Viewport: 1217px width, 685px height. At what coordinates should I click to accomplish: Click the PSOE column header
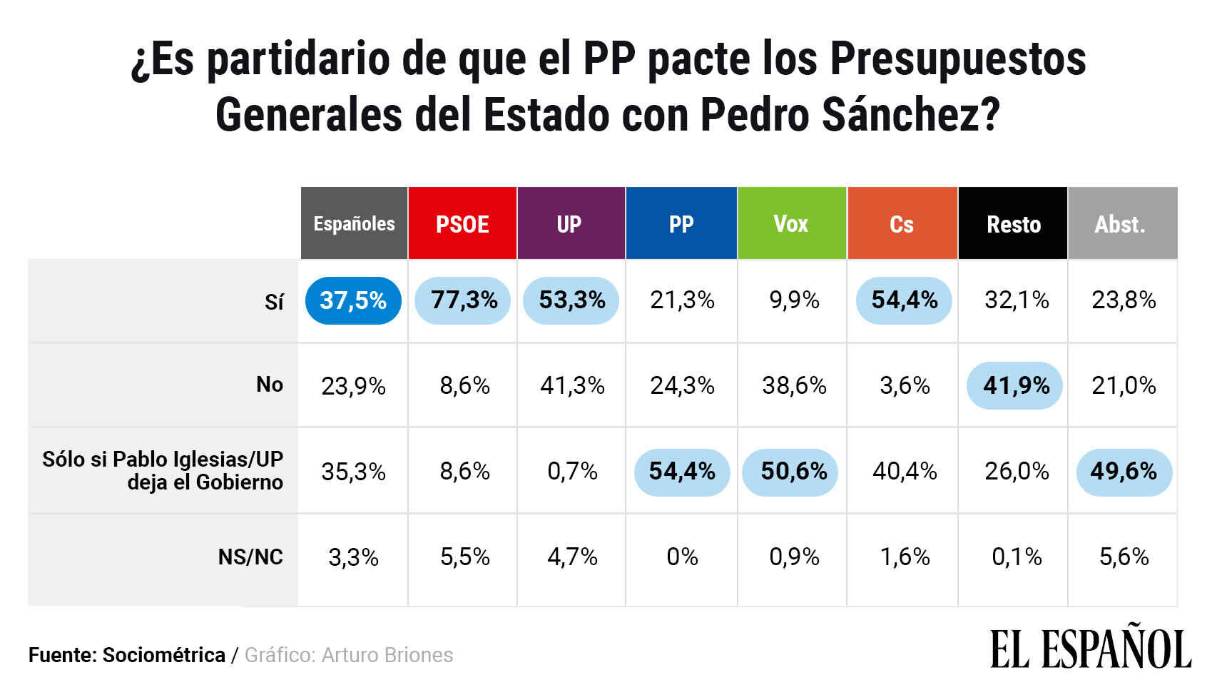[x=462, y=224]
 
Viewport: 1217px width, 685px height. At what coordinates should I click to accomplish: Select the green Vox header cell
[x=791, y=224]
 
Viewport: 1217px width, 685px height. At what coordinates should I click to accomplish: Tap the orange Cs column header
[x=902, y=224]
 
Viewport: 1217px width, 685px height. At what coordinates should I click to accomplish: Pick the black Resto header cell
[x=1013, y=224]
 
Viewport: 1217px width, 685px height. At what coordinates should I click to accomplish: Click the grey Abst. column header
[x=1121, y=224]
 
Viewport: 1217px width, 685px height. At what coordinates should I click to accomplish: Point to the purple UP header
[x=569, y=224]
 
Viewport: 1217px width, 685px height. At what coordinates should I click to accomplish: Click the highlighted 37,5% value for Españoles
[x=353, y=300]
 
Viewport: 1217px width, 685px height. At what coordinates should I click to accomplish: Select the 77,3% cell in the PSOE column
[x=464, y=300]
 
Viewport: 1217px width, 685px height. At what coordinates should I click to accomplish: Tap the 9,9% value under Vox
[x=794, y=300]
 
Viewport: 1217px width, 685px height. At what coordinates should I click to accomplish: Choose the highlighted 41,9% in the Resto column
[x=1016, y=386]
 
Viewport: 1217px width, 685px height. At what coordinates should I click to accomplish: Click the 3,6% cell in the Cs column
[x=905, y=386]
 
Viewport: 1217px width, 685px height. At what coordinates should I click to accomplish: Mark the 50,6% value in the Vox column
[x=793, y=472]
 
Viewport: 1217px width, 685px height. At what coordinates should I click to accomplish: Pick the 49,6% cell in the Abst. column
[x=1124, y=472]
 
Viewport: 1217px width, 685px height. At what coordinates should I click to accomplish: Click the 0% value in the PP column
[x=682, y=557]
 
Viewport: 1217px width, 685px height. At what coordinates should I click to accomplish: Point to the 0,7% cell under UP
[x=572, y=472]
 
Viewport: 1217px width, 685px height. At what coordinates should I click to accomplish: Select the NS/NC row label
[x=250, y=557]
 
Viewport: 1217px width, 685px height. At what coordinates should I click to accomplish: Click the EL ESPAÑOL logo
[x=1091, y=648]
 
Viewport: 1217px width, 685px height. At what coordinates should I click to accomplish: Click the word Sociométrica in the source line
[x=164, y=655]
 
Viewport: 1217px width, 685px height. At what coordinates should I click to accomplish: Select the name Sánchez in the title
[x=911, y=114]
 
